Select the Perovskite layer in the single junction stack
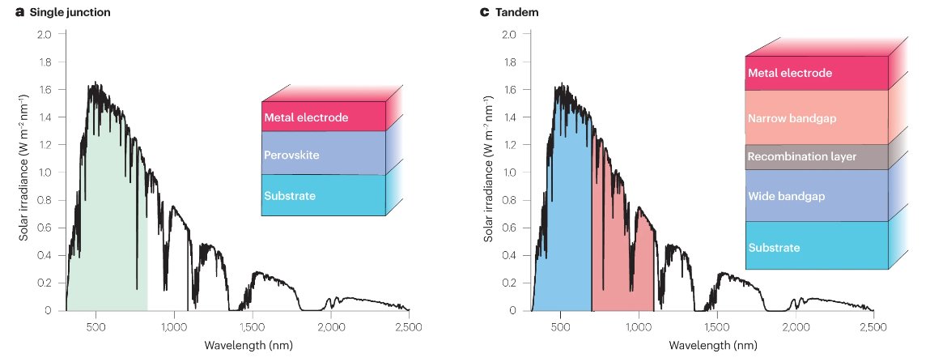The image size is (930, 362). click(322, 152)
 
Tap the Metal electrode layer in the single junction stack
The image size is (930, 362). click(322, 117)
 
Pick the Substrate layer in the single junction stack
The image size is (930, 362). click(322, 195)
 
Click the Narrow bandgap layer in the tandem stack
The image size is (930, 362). click(816, 118)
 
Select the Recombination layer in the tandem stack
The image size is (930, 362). click(816, 156)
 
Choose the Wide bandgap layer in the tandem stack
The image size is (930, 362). click(816, 195)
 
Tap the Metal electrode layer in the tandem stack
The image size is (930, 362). click(816, 73)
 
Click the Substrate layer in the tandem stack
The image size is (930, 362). click(816, 246)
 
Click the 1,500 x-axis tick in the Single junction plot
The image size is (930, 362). click(252, 326)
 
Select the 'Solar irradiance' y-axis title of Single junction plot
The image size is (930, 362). click(23, 172)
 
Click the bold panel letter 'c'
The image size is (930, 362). click(484, 13)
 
